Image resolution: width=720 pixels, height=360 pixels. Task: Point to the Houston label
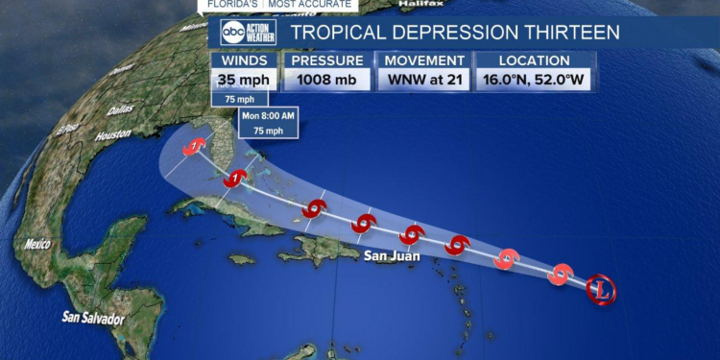pyautogui.click(x=112, y=134)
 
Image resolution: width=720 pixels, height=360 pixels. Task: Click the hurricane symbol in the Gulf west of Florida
pyautogui.click(x=196, y=147)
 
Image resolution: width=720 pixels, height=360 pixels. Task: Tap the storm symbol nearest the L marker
pyautogui.click(x=561, y=275)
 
